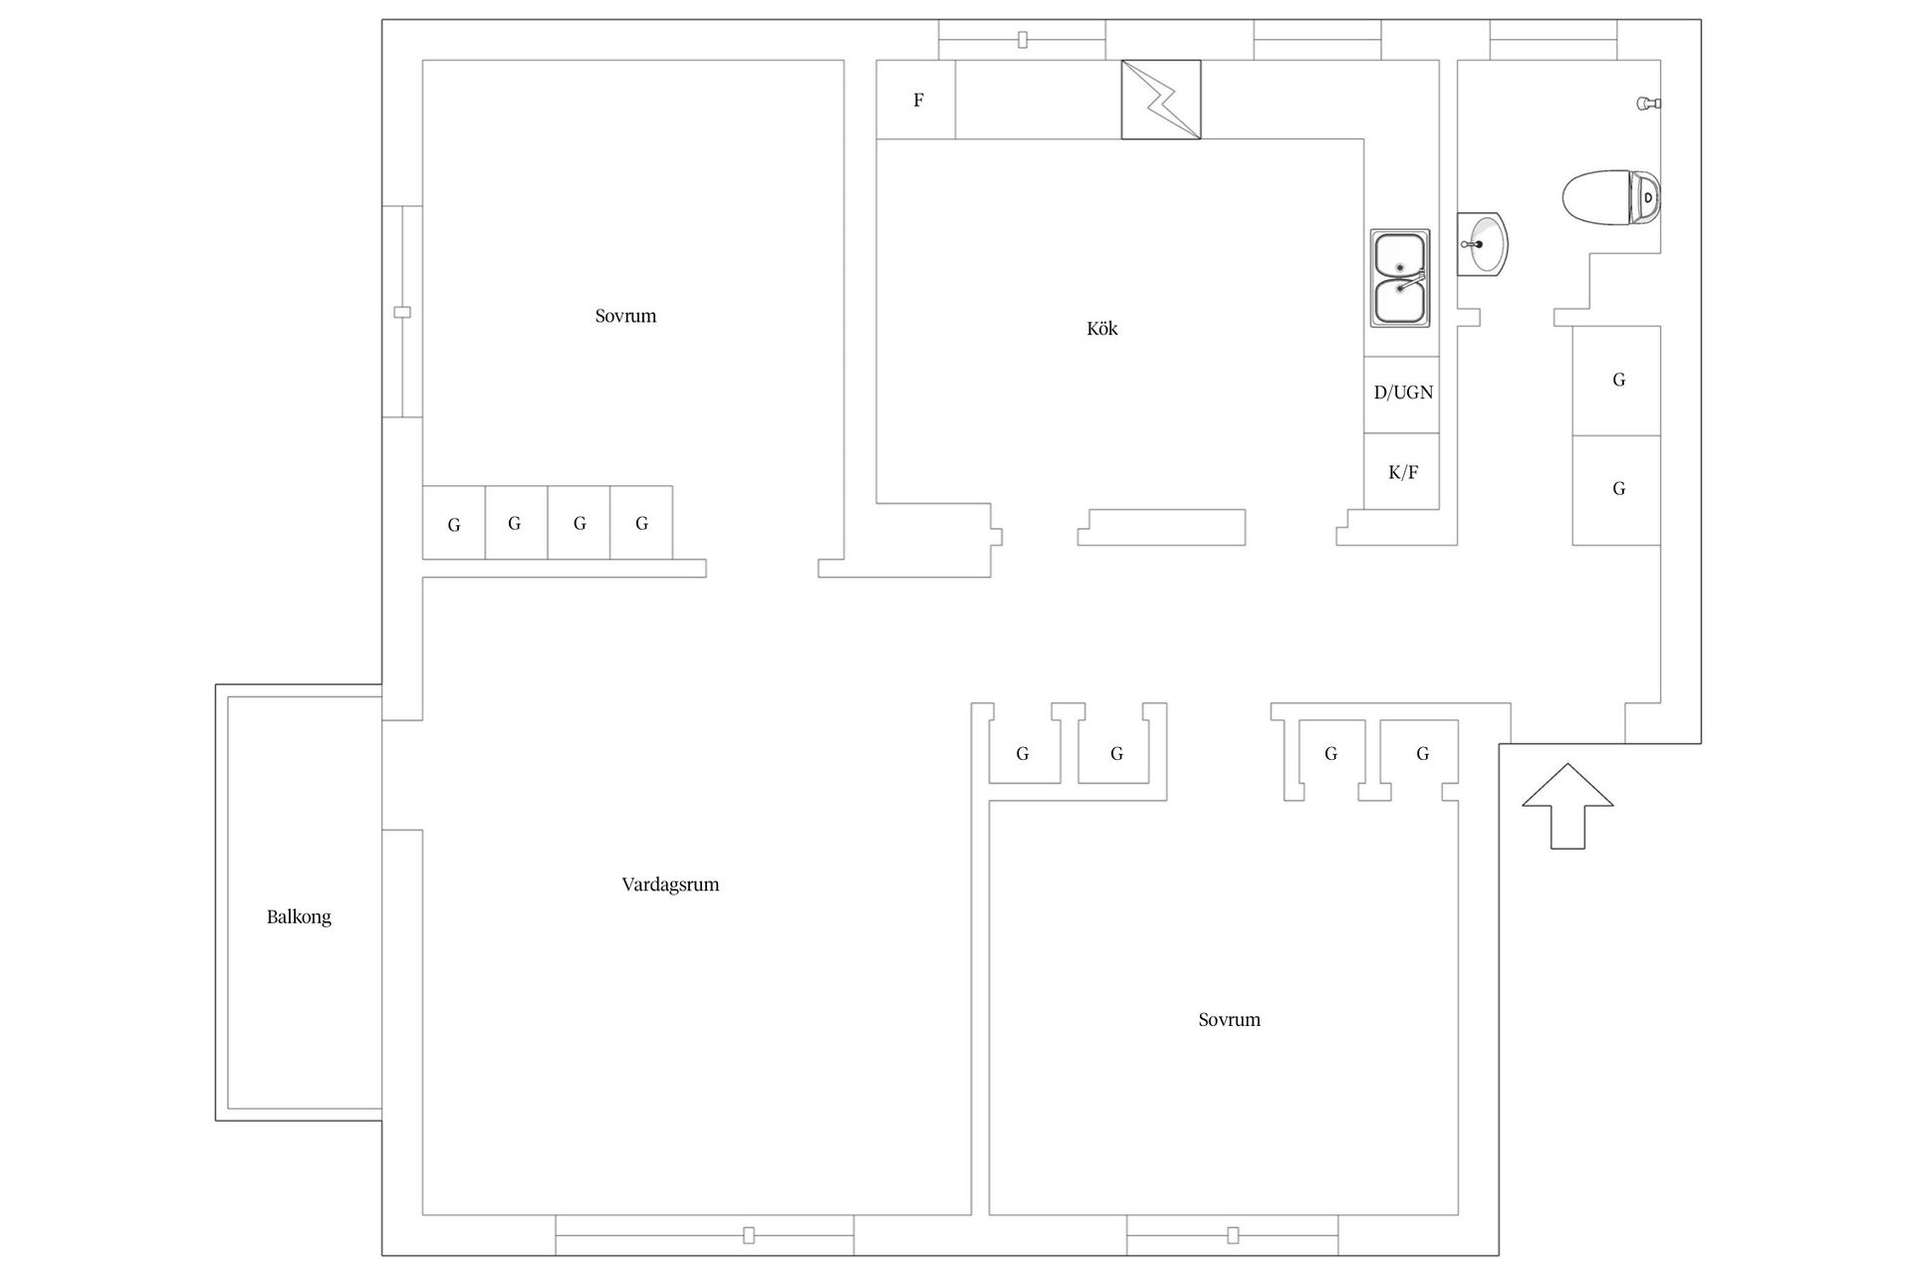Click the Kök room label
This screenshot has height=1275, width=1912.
coord(1101,329)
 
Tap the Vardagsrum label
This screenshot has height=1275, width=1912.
coord(670,885)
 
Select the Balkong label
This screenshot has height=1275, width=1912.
coord(299,917)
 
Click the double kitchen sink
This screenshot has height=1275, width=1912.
coord(1400,278)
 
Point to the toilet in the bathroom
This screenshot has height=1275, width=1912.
coord(1611,197)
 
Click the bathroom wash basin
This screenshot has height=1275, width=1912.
coord(1482,243)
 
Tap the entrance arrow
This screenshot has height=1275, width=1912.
coord(1567,806)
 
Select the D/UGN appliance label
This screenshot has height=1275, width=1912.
coord(1403,392)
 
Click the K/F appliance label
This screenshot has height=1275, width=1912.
coord(1403,472)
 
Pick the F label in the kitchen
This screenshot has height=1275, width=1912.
coord(918,100)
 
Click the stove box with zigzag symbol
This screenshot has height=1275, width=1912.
coord(1161,100)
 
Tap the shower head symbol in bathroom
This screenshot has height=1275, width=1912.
coord(1649,103)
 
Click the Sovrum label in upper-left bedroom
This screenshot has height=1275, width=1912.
coord(625,317)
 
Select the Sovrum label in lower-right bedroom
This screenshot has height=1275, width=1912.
coord(1229,1020)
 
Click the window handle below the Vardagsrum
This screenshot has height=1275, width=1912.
coord(749,1235)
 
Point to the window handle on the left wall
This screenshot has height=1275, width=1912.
coord(402,312)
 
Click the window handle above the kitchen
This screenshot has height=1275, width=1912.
coord(1023,40)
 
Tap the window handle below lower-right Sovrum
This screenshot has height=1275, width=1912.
coord(1233,1235)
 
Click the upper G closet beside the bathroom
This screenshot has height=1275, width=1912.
coord(1616,381)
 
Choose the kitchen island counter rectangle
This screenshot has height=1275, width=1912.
coord(1161,527)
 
